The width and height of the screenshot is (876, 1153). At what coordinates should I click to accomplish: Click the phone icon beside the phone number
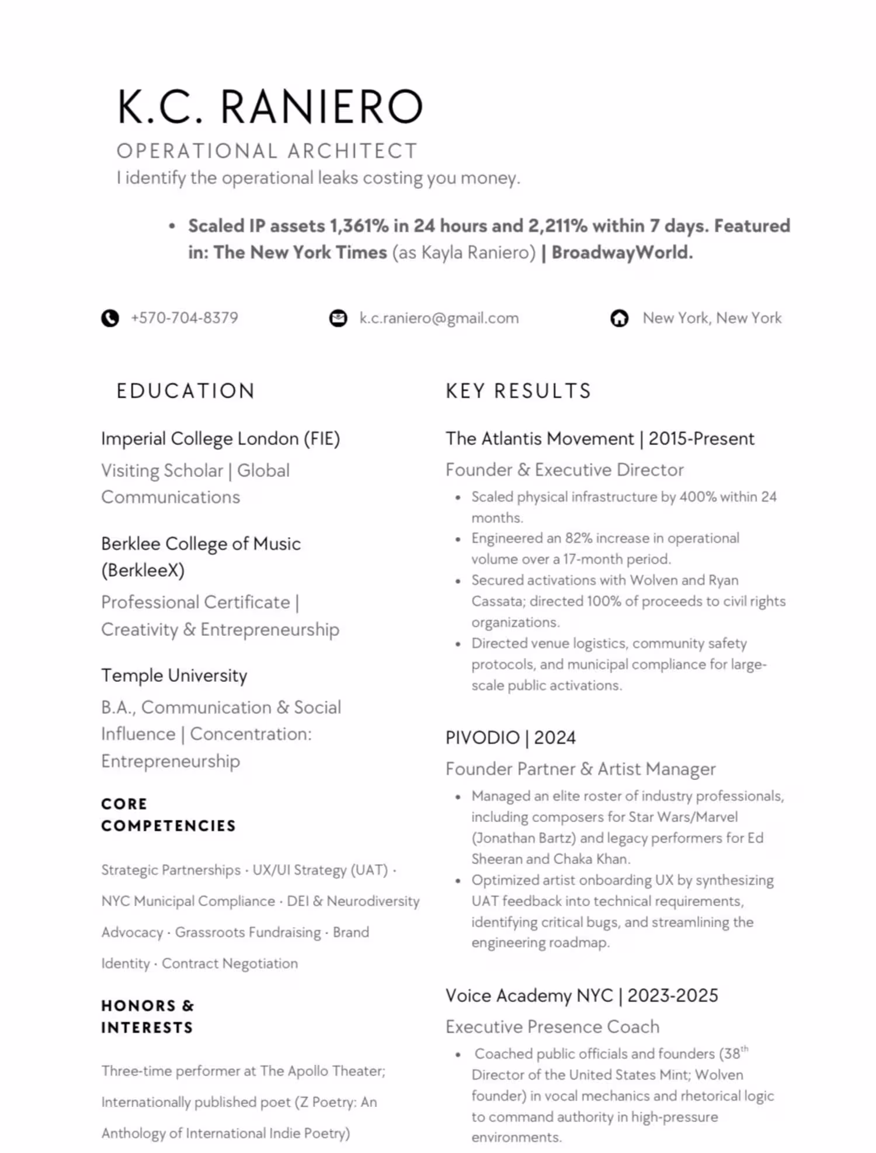[x=110, y=318]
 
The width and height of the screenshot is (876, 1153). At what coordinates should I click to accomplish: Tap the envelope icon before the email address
[x=338, y=318]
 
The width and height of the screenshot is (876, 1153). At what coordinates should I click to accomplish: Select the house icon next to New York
[x=619, y=318]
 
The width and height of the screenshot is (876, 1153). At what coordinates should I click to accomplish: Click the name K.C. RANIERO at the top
[x=270, y=107]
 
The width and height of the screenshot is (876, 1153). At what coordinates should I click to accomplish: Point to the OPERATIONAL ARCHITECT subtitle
[x=267, y=151]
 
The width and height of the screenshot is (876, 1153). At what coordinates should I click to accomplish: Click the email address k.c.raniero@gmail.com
[x=439, y=318]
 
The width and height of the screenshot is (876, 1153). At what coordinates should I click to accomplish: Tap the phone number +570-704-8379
[x=185, y=318]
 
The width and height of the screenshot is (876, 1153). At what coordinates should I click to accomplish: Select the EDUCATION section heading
[x=186, y=391]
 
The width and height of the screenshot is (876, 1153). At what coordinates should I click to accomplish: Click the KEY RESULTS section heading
[x=519, y=391]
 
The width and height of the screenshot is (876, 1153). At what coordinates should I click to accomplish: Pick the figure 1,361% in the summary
[x=359, y=226]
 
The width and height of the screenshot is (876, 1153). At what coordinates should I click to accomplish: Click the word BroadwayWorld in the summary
[x=620, y=252]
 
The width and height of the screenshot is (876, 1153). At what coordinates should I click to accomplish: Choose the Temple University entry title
[x=174, y=675]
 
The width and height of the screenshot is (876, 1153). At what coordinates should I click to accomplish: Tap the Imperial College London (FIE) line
[x=220, y=439]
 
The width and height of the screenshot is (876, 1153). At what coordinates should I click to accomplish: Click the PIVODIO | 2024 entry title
[x=510, y=738]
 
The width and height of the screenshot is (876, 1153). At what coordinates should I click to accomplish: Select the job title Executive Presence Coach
[x=552, y=1026]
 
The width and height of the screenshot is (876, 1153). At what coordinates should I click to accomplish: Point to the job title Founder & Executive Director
[x=564, y=470]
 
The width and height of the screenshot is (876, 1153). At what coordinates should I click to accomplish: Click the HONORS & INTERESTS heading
[x=147, y=1016]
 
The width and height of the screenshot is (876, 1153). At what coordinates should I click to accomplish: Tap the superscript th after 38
[x=745, y=1049]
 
